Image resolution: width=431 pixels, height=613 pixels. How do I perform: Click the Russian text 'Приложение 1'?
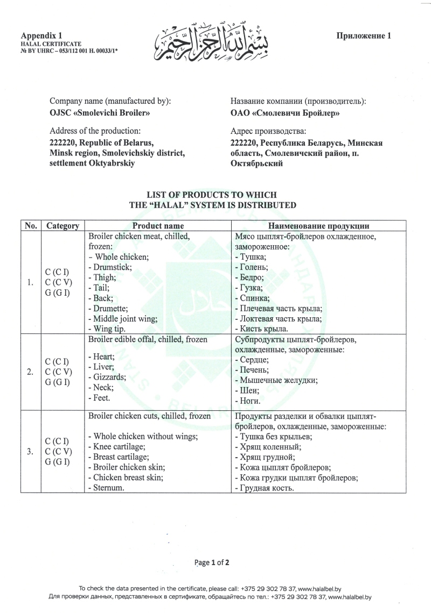[364, 36]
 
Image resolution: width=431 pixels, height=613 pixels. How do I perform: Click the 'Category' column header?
[63, 226]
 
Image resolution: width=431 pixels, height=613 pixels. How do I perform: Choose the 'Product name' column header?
[158, 226]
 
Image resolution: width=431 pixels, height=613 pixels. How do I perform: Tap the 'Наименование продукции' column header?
[322, 226]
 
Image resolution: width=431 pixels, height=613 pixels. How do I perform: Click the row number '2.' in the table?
[31, 372]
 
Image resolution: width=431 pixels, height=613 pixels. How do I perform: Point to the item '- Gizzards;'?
[107, 377]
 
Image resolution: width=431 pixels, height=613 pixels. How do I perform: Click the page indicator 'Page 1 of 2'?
[215, 562]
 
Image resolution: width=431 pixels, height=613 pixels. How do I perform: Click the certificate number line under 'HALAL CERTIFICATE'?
[69, 48]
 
